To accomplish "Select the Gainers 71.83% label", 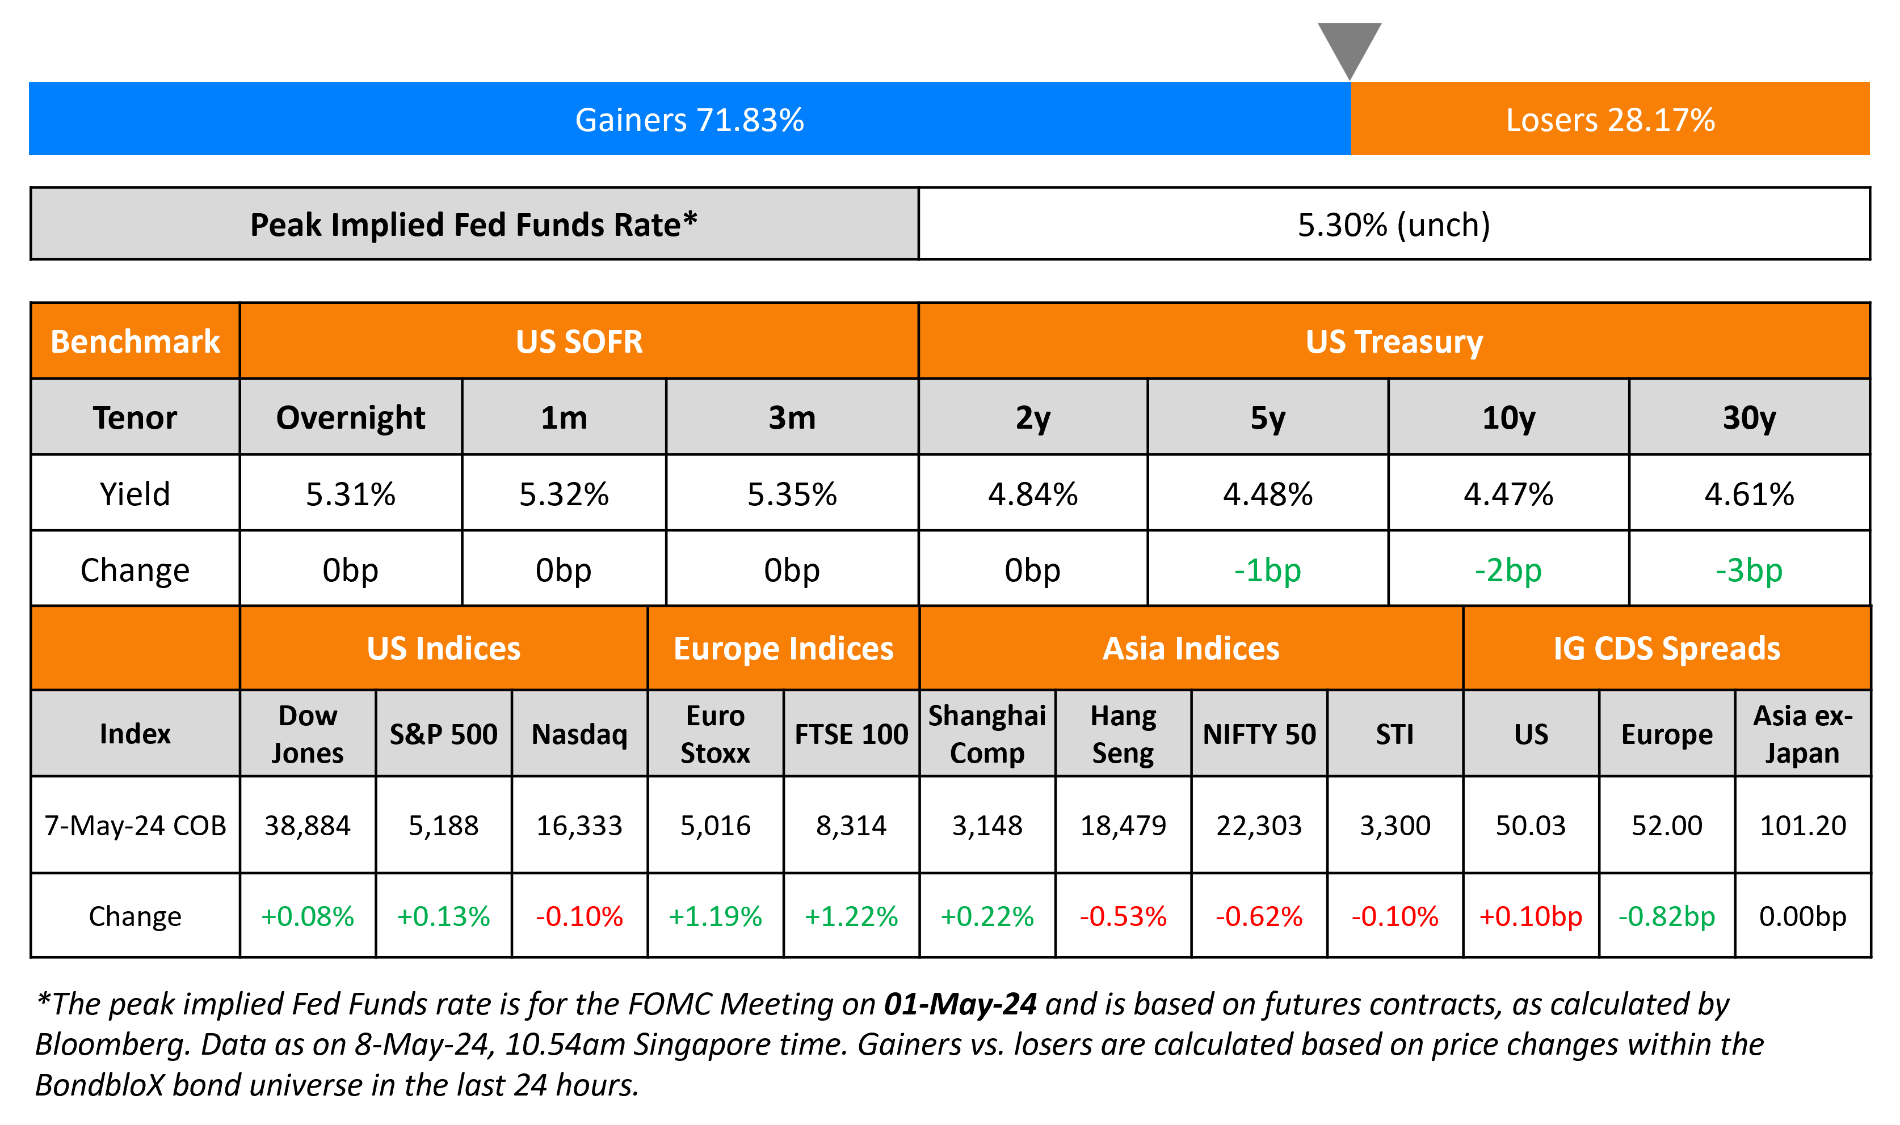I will tap(690, 120).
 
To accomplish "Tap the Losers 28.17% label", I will tap(1610, 120).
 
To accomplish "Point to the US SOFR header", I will tap(579, 341).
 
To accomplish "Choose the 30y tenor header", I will tap(1749, 418).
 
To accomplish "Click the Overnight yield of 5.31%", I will tap(350, 494).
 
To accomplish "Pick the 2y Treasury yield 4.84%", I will tap(1032, 494).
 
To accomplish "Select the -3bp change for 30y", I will tap(1749, 570).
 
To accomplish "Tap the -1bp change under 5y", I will tap(1267, 570).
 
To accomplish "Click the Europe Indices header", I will tap(784, 649).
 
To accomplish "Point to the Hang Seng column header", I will tap(1123, 734).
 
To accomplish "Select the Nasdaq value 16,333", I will tap(579, 825).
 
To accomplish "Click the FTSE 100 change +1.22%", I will tap(851, 916).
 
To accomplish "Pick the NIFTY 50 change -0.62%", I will tap(1259, 916).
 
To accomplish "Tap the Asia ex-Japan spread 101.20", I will tap(1803, 825).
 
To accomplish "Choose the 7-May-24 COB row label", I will tap(135, 825).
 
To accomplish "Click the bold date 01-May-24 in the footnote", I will tap(960, 1004).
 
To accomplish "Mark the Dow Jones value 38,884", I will tap(307, 825).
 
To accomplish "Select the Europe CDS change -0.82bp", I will tap(1666, 916).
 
